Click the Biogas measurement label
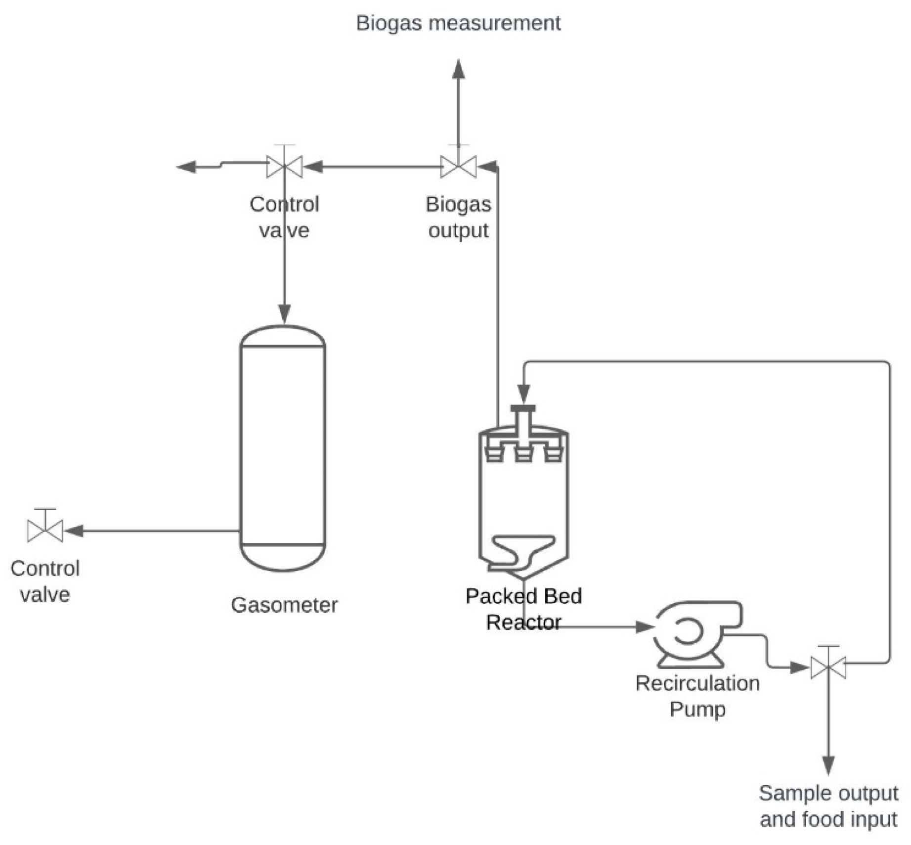[x=458, y=23]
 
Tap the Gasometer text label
[x=284, y=605]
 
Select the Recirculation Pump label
[x=697, y=696]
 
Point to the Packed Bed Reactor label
[x=523, y=609]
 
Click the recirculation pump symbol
[x=697, y=633]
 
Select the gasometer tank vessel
[x=282, y=448]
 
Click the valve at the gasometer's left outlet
[x=45, y=527]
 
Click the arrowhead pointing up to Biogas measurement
[x=458, y=69]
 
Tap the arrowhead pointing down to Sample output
[x=828, y=765]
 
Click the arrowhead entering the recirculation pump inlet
[x=645, y=627]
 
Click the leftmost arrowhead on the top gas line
[x=186, y=167]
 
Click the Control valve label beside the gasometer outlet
[x=45, y=581]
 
